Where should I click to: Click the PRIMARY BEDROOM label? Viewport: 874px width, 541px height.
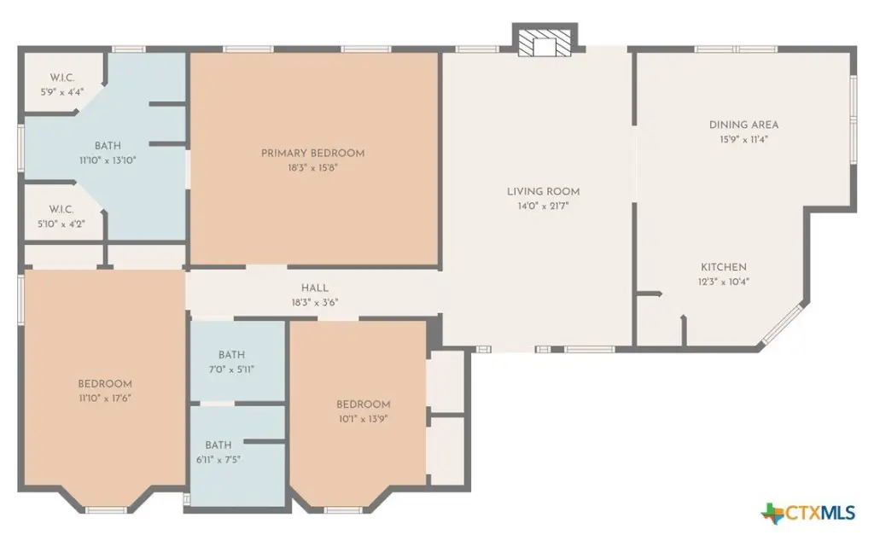pyautogui.click(x=312, y=154)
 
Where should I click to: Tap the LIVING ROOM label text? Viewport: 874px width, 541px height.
pyautogui.click(x=544, y=192)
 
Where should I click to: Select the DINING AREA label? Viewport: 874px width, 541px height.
pyautogui.click(x=743, y=125)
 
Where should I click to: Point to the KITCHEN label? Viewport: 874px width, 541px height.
pyautogui.click(x=724, y=267)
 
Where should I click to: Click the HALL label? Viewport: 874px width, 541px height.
pyautogui.click(x=315, y=288)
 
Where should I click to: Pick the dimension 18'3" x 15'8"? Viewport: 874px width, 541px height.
pyautogui.click(x=313, y=168)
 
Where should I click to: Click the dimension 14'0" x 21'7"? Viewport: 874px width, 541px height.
pyautogui.click(x=544, y=207)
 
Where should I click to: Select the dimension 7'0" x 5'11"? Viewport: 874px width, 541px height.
pyautogui.click(x=231, y=369)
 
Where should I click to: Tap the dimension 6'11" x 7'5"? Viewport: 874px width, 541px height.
pyautogui.click(x=218, y=460)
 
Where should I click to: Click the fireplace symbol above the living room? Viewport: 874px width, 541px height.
pyautogui.click(x=545, y=40)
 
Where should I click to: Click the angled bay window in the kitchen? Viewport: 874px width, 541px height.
pyautogui.click(x=784, y=324)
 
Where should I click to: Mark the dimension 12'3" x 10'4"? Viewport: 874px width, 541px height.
pyautogui.click(x=724, y=282)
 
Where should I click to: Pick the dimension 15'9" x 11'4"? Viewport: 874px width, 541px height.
pyautogui.click(x=743, y=140)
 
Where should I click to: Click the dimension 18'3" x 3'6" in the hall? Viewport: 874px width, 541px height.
pyautogui.click(x=315, y=303)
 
